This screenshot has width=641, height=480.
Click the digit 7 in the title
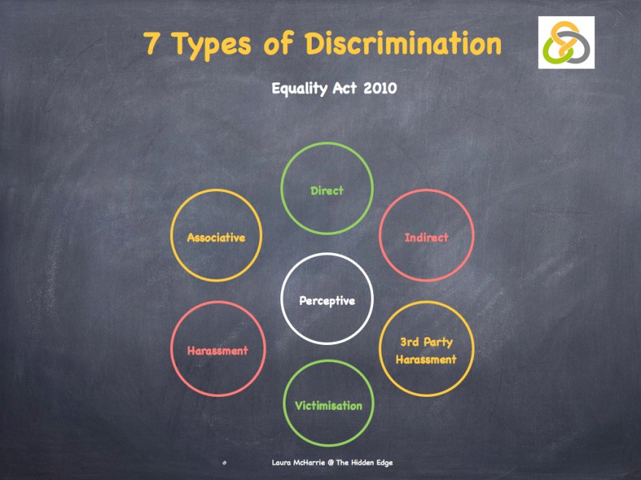[153, 44]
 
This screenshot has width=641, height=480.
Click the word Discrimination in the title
[404, 44]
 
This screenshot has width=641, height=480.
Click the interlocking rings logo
[567, 42]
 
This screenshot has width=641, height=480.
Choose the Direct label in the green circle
[327, 191]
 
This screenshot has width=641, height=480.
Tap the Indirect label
[426, 237]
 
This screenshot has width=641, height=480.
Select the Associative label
[216, 238]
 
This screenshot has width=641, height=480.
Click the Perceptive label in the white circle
[327, 301]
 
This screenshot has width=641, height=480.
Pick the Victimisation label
[329, 406]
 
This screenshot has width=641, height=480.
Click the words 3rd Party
[426, 341]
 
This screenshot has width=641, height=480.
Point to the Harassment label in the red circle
[218, 351]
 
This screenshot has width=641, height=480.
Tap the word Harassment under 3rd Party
[426, 359]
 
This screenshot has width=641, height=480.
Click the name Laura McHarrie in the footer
[296, 462]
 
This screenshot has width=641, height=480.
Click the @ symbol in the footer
[330, 462]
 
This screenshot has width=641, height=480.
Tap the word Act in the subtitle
[346, 89]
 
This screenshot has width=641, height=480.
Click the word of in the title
[277, 44]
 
